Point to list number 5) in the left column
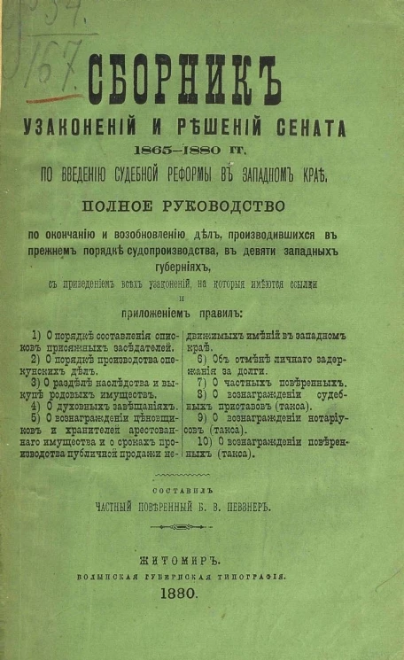click(x=35, y=417)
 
